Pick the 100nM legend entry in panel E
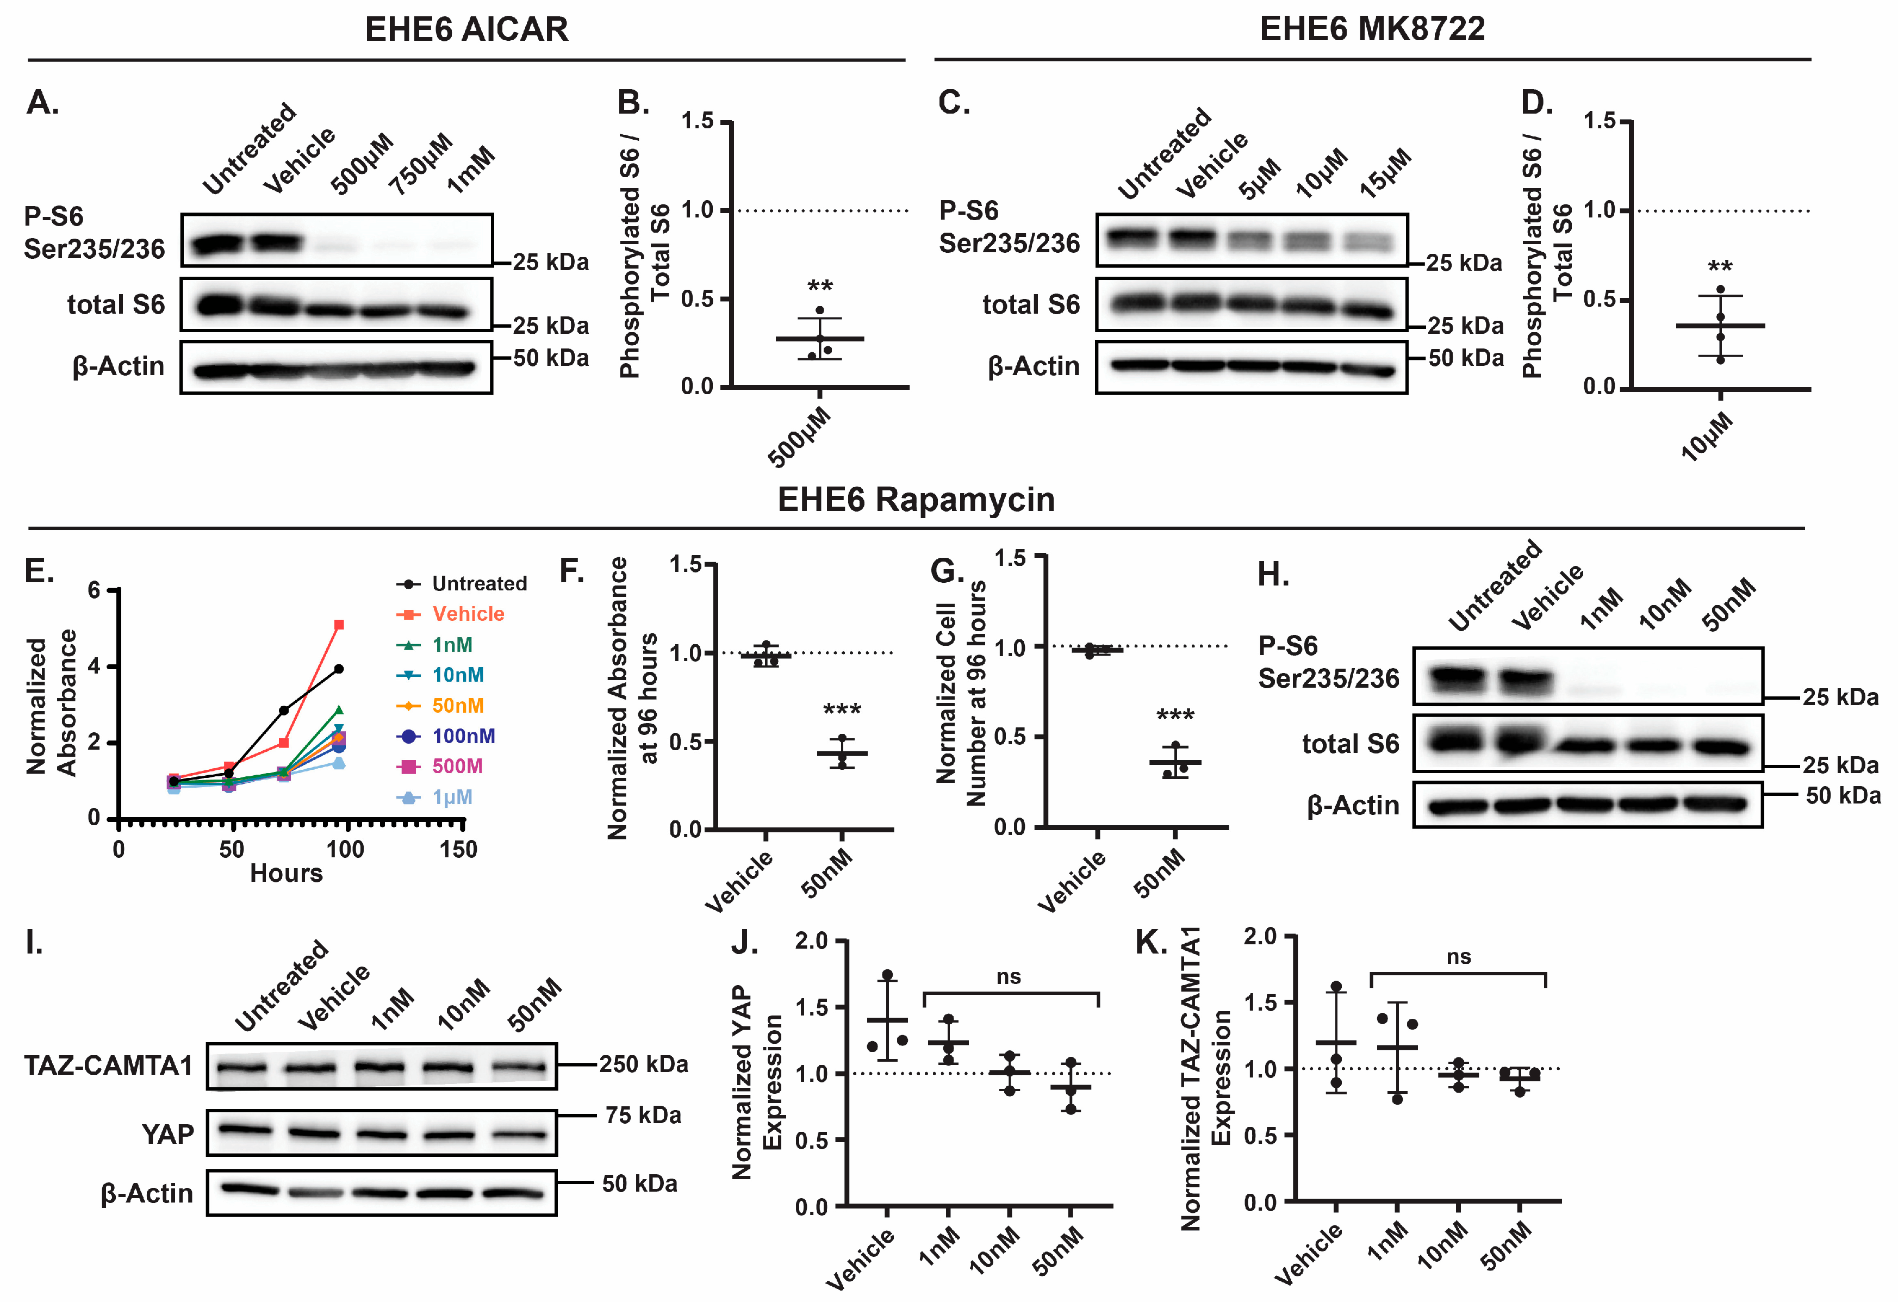click(x=463, y=736)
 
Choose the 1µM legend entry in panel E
click(x=452, y=797)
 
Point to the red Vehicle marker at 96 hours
click(x=339, y=625)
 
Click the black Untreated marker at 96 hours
click(x=339, y=669)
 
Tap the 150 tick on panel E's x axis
click(x=458, y=850)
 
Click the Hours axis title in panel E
click(x=286, y=873)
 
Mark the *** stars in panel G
click(x=1175, y=717)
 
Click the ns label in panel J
click(x=1009, y=977)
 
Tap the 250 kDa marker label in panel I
click(x=644, y=1064)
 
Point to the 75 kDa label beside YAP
click(x=643, y=1116)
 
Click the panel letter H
click(x=1272, y=575)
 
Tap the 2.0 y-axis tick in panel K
click(x=1259, y=937)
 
